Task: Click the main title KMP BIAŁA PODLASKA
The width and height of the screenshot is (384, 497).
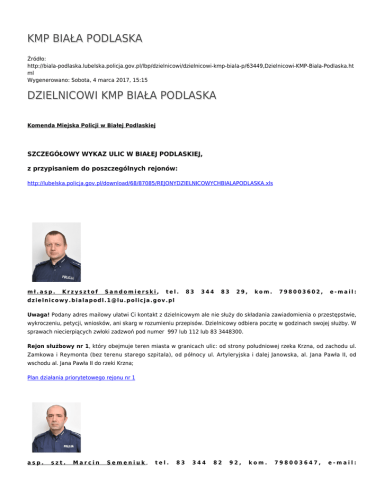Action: click(85, 38)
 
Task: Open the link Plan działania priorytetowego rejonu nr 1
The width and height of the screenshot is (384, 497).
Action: click(81, 377)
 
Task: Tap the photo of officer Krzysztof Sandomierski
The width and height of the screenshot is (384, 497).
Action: click(56, 252)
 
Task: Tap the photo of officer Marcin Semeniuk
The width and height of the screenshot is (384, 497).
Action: click(56, 427)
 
